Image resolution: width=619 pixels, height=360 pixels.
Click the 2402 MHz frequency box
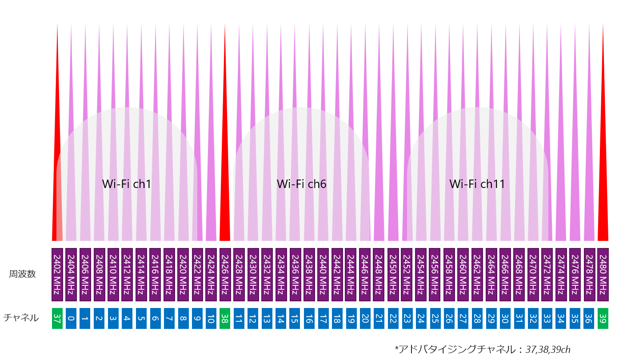[57, 274]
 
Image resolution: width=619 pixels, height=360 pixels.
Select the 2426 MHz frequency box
[225, 274]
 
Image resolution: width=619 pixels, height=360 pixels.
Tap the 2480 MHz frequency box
[603, 274]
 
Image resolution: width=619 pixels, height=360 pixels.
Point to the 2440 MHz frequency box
[323, 274]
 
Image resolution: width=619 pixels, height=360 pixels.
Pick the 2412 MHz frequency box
[127, 274]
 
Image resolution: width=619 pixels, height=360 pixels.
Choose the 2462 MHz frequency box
[477, 274]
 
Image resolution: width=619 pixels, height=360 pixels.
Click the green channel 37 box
[57, 318]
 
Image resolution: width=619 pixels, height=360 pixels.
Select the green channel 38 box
[225, 318]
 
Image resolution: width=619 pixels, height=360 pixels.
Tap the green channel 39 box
[603, 318]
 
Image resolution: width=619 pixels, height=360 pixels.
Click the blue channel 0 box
[71, 318]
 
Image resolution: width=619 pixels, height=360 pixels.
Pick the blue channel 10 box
[211, 318]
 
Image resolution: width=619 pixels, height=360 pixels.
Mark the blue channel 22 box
[393, 318]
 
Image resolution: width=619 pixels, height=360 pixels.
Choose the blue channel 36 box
[589, 318]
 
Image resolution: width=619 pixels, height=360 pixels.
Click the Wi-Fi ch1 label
[127, 184]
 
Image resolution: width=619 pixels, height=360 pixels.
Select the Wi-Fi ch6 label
[302, 184]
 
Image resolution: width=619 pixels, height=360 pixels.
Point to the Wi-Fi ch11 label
[477, 184]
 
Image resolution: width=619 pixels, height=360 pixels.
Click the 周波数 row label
[22, 274]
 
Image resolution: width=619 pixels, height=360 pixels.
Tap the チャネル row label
[21, 318]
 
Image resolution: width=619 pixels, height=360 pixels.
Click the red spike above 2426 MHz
[225, 178]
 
